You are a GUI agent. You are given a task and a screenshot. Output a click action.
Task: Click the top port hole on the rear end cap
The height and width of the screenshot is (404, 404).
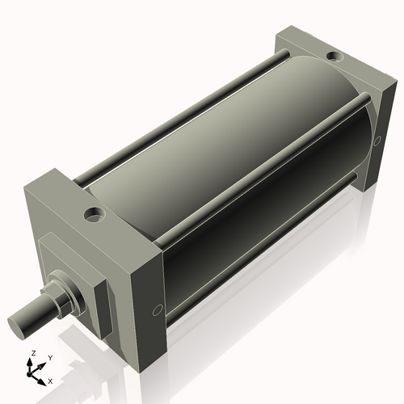click(332, 57)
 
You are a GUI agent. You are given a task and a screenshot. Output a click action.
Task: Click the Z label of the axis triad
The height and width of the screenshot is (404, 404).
click(33, 354)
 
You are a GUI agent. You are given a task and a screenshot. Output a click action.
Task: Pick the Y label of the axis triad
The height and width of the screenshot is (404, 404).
click(50, 357)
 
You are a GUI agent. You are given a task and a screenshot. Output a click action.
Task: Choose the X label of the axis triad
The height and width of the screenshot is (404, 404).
click(50, 380)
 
